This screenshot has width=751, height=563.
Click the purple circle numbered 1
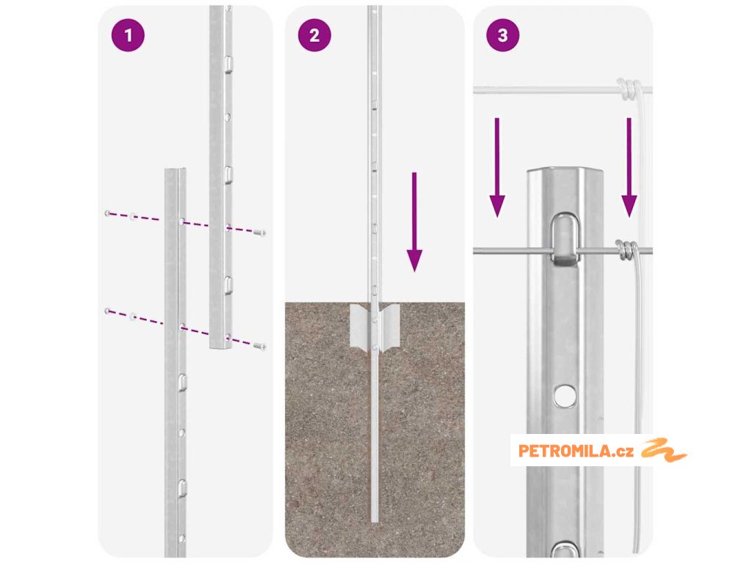[x=128, y=35]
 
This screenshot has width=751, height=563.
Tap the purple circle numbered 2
[x=314, y=35]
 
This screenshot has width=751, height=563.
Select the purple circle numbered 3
[x=502, y=35]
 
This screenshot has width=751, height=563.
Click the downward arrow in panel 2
[x=414, y=222]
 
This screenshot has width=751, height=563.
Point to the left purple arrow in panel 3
[x=497, y=168]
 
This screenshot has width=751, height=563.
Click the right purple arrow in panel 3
[x=629, y=168]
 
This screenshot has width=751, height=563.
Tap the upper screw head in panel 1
[x=260, y=233]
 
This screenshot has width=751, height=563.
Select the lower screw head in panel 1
[x=260, y=346]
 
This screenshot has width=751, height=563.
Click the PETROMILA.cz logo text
[x=576, y=451]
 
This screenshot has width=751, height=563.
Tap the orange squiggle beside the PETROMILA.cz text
[x=664, y=450]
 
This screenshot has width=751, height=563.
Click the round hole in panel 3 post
[x=565, y=395]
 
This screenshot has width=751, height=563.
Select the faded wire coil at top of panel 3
[x=628, y=89]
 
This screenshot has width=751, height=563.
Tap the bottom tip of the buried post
[x=375, y=521]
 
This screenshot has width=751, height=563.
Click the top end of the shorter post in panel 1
[x=175, y=170]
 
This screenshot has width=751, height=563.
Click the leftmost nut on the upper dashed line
[x=108, y=213]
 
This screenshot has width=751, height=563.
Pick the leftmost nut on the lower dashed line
[x=108, y=311]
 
